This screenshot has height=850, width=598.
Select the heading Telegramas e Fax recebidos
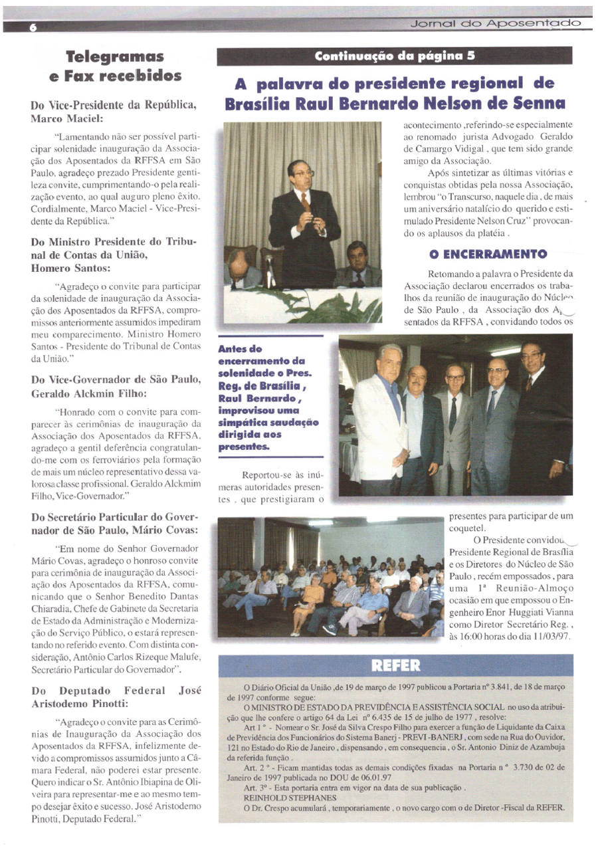click(x=116, y=66)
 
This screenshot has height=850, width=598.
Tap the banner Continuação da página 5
click(x=395, y=56)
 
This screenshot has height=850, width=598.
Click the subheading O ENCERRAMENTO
click(x=488, y=254)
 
